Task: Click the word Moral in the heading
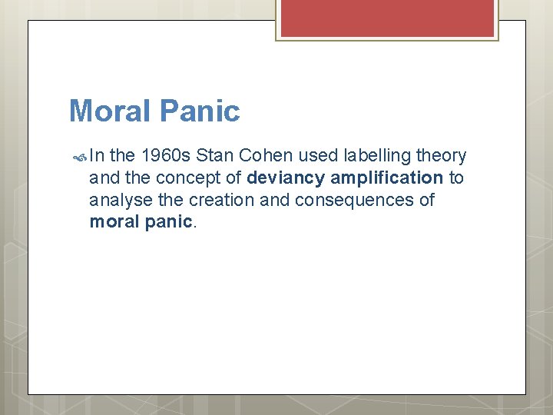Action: (111, 111)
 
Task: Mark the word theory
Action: (440, 156)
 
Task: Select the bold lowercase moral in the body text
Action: (111, 222)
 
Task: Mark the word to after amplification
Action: (456, 178)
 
